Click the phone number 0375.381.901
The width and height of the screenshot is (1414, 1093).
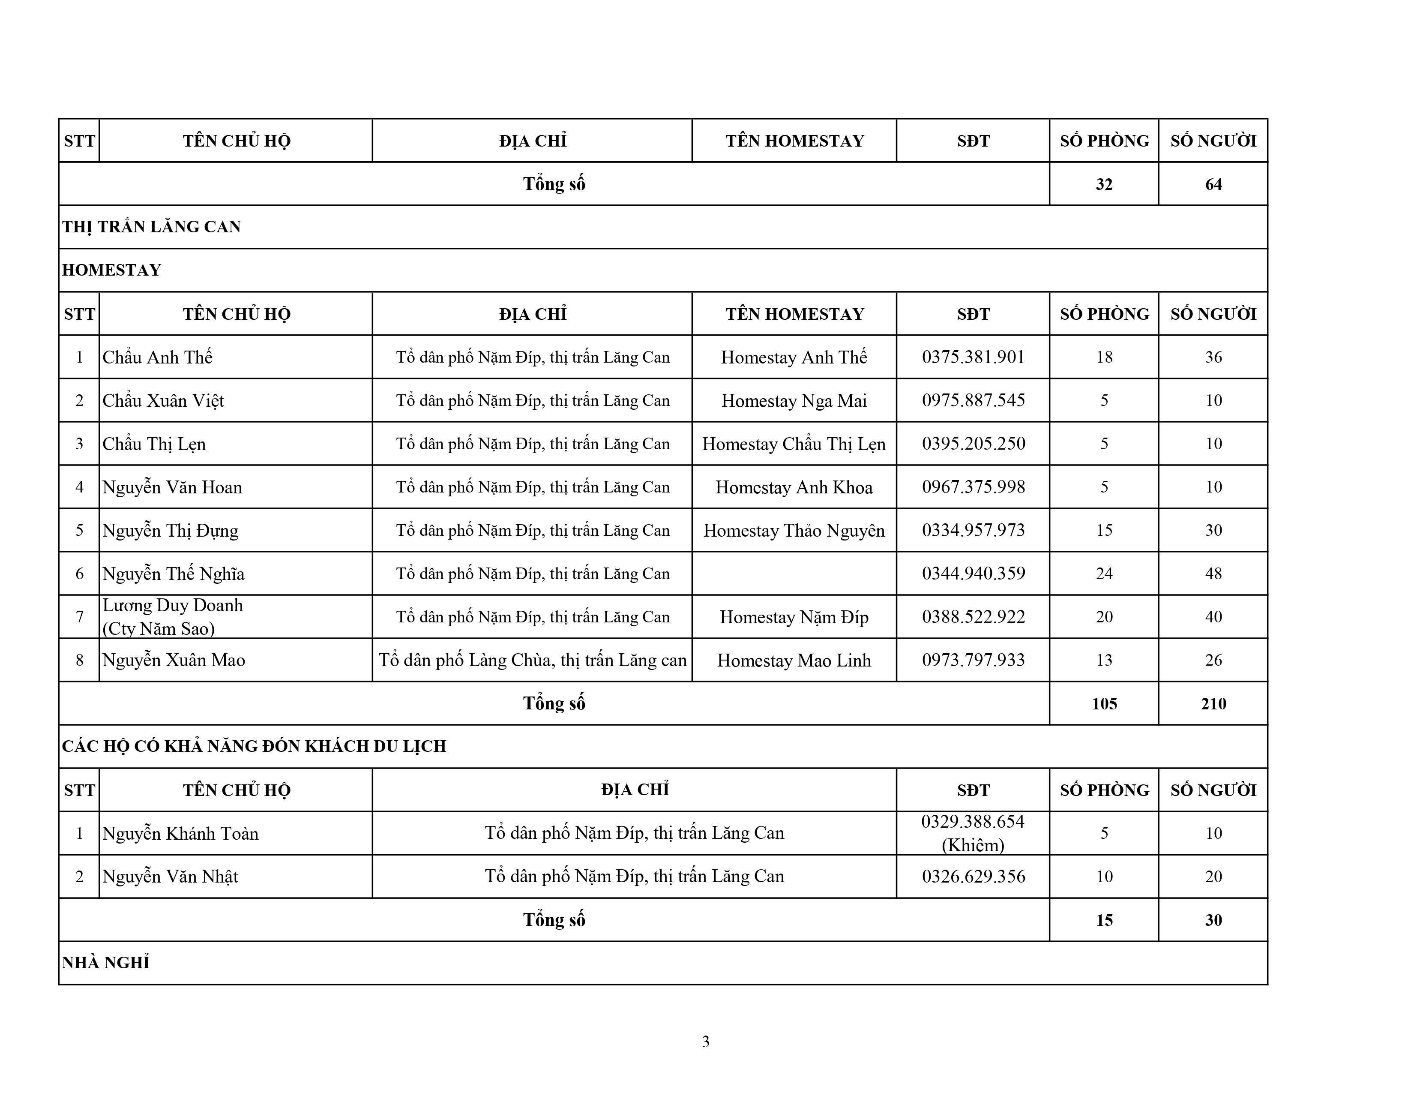973,357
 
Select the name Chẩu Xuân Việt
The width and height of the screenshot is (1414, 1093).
163,400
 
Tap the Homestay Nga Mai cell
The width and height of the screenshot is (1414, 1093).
794,400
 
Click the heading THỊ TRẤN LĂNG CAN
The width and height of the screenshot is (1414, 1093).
152,227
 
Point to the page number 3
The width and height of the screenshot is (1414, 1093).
706,1041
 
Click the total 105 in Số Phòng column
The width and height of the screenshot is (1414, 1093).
1104,703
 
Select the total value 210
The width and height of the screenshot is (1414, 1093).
1213,703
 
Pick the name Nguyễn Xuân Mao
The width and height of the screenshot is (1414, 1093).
174,660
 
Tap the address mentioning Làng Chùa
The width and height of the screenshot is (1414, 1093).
532,660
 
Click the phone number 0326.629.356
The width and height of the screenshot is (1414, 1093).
973,876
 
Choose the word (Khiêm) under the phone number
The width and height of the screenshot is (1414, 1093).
973,845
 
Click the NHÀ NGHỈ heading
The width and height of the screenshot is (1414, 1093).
105,963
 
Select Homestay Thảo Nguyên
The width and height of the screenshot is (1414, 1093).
794,530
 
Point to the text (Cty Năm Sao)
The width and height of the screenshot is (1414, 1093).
159,628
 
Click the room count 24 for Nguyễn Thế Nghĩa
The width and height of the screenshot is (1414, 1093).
1104,573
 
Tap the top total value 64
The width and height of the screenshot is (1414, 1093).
1213,184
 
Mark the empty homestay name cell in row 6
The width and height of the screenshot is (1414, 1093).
794,573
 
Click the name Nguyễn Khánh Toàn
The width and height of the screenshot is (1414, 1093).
180,833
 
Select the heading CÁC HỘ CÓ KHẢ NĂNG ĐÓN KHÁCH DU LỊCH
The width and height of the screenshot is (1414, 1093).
254,746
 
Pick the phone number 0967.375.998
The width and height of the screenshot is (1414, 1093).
973,487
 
